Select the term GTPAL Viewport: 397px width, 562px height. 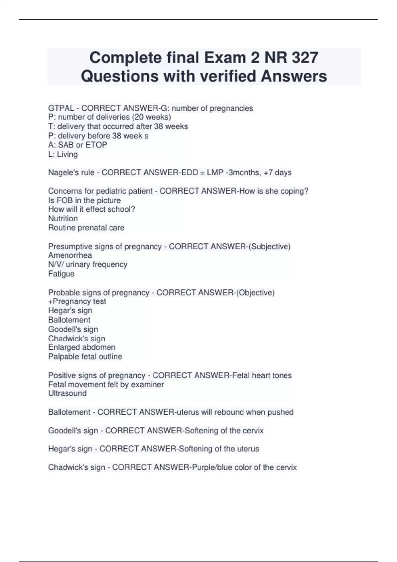(61, 108)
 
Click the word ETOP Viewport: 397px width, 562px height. (96, 145)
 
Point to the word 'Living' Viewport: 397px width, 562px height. (67, 154)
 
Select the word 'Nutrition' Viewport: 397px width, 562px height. (63, 219)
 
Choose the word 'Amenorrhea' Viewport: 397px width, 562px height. (70, 255)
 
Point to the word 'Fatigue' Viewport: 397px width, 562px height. (61, 274)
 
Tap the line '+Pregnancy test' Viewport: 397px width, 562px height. (77, 301)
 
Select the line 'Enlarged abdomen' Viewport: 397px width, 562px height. (82, 347)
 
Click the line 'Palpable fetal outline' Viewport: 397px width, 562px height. (85, 357)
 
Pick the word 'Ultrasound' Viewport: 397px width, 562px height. (67, 393)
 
